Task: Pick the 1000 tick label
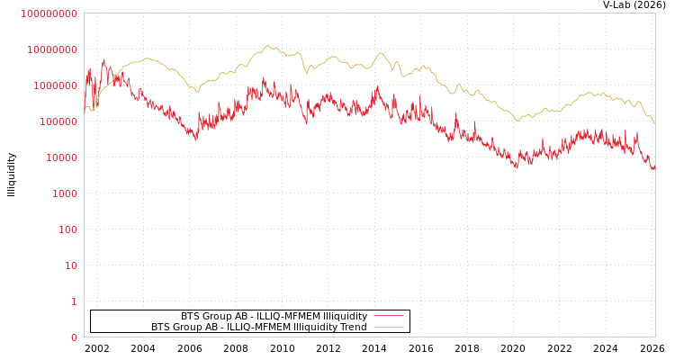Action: [x=62, y=193]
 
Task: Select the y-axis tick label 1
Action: [x=74, y=301]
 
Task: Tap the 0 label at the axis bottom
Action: [x=74, y=337]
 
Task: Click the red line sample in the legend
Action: [x=388, y=316]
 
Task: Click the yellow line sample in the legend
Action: [x=388, y=327]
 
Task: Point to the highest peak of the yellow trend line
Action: [x=267, y=45]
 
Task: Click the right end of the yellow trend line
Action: [x=654, y=123]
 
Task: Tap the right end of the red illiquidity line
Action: [x=654, y=166]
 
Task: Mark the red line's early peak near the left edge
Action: [x=103, y=60]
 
